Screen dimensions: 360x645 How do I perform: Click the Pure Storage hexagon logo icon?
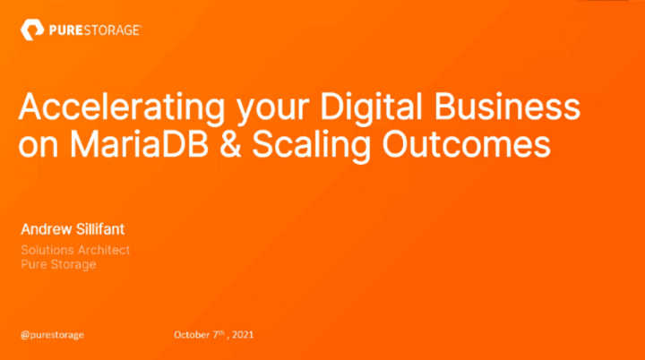(x=30, y=31)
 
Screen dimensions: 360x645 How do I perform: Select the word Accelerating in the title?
(x=107, y=110)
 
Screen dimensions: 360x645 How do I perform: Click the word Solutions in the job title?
(x=47, y=251)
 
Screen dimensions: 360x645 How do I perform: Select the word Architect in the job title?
(x=104, y=251)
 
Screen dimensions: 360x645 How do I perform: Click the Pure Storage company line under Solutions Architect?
(x=58, y=264)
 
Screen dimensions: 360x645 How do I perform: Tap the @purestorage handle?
(x=52, y=335)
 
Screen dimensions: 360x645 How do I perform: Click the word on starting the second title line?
(x=39, y=146)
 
